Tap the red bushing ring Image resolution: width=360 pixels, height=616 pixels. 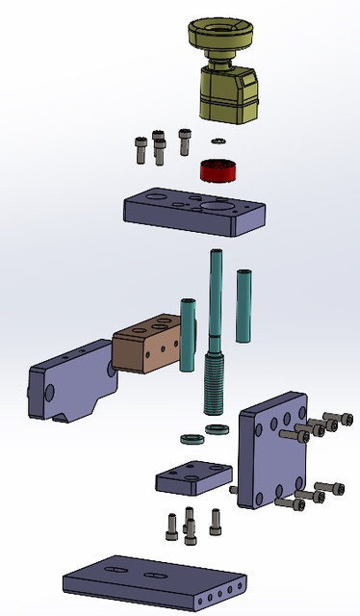click(x=219, y=171)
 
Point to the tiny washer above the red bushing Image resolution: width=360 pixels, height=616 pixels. click(x=219, y=141)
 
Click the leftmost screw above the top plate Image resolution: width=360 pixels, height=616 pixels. click(x=141, y=149)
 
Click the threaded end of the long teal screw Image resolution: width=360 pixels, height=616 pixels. click(x=213, y=380)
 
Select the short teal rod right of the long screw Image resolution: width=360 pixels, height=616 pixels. click(x=244, y=306)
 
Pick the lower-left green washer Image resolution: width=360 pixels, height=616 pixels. click(x=191, y=440)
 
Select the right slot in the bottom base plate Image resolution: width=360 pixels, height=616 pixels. click(x=153, y=575)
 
